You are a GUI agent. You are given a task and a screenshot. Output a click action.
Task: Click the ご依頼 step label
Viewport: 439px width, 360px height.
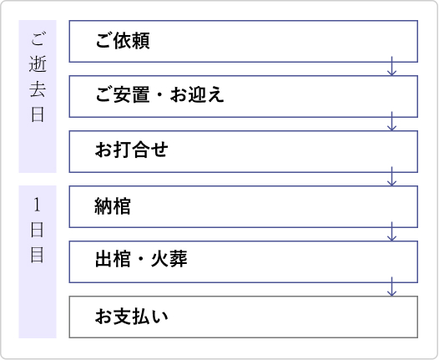123,41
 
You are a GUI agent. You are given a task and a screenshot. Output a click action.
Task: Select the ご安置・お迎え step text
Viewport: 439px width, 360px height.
159,94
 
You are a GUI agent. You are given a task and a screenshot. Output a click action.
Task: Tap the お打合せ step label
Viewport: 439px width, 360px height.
131,150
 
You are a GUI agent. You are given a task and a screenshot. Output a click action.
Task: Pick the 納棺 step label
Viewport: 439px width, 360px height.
113,206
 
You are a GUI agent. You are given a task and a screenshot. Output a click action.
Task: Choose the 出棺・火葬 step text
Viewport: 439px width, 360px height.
141,259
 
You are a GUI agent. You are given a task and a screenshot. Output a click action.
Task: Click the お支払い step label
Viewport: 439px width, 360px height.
131,317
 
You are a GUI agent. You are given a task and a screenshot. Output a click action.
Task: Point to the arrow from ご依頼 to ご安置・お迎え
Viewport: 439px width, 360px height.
391,66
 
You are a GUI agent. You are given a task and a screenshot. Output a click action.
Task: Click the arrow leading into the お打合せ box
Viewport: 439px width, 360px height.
391,121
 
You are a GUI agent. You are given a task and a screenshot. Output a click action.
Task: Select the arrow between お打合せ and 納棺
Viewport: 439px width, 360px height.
391,176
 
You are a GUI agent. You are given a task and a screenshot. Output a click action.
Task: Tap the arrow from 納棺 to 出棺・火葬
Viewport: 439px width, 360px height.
391,231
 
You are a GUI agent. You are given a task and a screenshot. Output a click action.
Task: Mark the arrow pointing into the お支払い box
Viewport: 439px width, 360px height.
391,286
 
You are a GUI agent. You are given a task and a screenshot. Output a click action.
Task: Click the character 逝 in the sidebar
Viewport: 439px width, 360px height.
38,64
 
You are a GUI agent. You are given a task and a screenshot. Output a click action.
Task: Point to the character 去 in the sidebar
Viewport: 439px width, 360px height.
38,89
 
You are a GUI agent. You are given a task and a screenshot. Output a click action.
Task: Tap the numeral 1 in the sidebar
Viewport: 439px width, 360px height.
37,205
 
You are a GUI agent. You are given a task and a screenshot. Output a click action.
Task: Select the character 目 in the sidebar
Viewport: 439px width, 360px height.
38,255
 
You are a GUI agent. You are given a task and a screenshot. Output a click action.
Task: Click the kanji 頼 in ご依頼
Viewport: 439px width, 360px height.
141,41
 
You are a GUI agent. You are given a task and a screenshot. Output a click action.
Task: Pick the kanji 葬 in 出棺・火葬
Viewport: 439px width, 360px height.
179,259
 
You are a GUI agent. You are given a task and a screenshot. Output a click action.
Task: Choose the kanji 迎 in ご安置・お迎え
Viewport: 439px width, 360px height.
197,94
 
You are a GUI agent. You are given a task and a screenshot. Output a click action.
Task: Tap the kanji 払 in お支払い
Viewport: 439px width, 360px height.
140,317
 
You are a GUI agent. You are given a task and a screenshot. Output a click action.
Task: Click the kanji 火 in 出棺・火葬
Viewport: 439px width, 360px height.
160,259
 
